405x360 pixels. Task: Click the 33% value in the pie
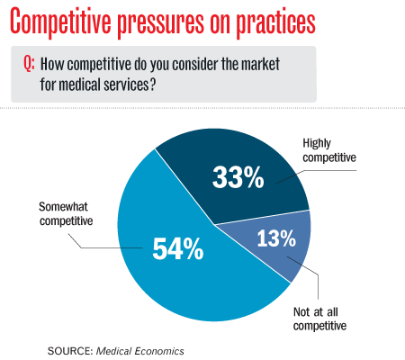[x=238, y=177]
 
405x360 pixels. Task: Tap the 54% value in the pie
[x=178, y=248]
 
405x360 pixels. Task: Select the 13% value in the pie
[x=276, y=238]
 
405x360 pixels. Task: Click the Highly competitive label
[x=329, y=150]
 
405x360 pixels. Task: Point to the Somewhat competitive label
[x=66, y=213]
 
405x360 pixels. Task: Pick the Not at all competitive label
[x=319, y=319]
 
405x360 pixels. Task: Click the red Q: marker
[x=29, y=64]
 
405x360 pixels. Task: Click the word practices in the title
[x=275, y=23]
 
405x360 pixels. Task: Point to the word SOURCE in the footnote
[x=70, y=351]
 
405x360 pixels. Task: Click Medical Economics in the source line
[x=139, y=351]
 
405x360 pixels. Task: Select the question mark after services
[x=152, y=84]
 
